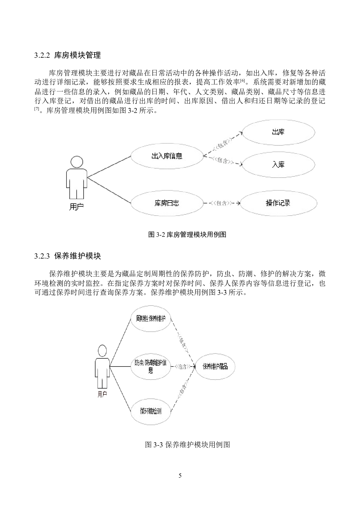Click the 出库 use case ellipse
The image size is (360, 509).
(x=278, y=132)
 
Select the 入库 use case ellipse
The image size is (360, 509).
(x=278, y=165)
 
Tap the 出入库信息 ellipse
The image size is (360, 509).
(x=167, y=156)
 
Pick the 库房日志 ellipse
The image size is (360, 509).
(x=167, y=203)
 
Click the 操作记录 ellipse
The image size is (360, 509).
(x=278, y=203)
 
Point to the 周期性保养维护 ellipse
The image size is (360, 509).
(x=151, y=319)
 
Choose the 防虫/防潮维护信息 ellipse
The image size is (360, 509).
(x=151, y=367)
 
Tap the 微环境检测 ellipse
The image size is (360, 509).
(x=151, y=411)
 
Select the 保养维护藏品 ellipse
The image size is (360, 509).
(x=215, y=367)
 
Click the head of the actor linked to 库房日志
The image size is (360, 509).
(x=77, y=162)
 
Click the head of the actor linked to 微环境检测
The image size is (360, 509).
(x=102, y=351)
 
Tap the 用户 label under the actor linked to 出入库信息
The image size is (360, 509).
(x=76, y=207)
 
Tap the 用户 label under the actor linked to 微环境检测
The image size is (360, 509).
(x=102, y=394)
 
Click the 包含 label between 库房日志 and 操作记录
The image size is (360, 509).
(x=222, y=203)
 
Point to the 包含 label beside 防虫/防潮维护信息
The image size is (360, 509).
(x=183, y=367)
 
